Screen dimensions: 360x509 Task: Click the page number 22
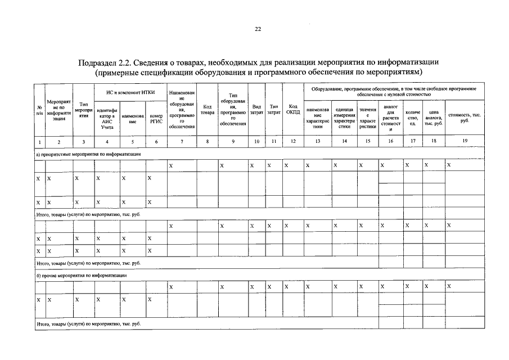[257, 29]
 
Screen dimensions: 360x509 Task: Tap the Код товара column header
[208, 110]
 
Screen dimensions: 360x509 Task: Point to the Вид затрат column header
[256, 110]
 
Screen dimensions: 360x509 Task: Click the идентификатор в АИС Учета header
[107, 119]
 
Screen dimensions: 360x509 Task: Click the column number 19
[464, 141]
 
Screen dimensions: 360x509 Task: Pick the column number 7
[182, 141]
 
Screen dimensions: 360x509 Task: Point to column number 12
[293, 141]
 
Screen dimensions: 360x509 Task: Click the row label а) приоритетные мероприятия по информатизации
[88, 154]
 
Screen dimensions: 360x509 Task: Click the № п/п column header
[39, 110]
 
